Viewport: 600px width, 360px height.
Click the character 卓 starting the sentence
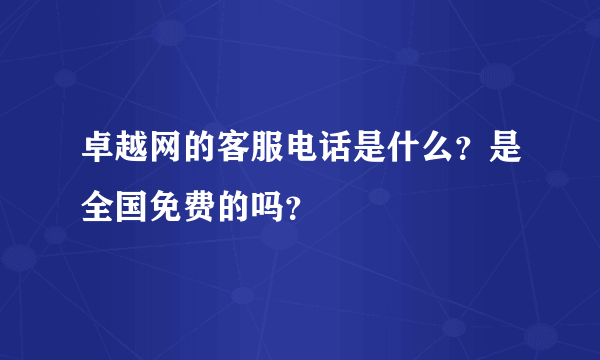(x=98, y=149)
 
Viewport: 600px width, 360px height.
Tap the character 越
(x=133, y=149)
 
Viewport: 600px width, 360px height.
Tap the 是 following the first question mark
(x=501, y=149)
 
